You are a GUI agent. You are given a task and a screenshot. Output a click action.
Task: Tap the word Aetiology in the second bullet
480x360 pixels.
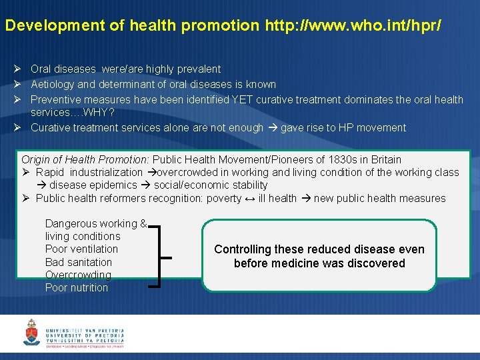click(x=53, y=84)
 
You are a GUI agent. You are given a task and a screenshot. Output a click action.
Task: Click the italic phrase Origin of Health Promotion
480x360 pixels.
click(x=85, y=159)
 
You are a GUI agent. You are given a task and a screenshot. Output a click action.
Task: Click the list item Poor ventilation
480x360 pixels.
click(x=81, y=249)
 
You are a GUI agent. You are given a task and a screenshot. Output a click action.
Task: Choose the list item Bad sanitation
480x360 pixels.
click(x=79, y=262)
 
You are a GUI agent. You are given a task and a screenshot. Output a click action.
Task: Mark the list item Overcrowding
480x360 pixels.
click(x=78, y=275)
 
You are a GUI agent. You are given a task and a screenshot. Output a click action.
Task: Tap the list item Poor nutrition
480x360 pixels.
click(x=77, y=287)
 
